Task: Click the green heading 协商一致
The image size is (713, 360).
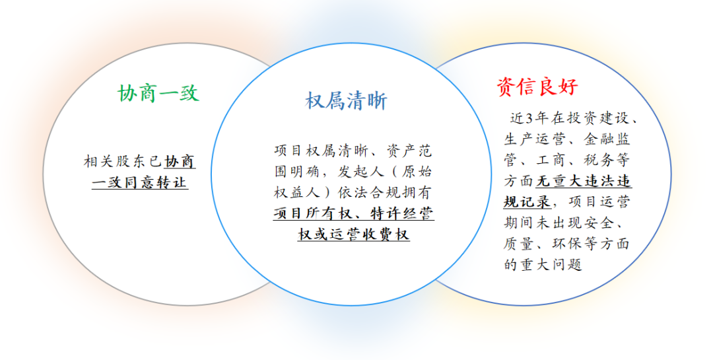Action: tap(158, 93)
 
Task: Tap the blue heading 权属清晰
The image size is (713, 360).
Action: tap(346, 100)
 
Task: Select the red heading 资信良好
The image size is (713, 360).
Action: tap(537, 87)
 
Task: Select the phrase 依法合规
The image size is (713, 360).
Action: tap(369, 192)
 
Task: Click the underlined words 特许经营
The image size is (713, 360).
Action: tap(402, 213)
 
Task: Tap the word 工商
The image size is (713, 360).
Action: tap(551, 161)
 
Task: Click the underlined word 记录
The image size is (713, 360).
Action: tap(535, 201)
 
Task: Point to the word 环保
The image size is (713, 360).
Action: tap(566, 244)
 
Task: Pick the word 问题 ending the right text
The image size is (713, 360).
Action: tap(566, 265)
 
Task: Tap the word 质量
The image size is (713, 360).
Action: tap(518, 244)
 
